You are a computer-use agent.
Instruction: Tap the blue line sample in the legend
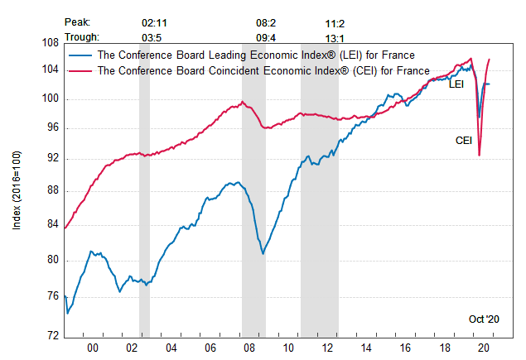[x=80, y=55]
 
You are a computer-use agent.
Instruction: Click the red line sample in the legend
[x=80, y=71]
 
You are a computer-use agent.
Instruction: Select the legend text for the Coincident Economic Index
[x=263, y=71]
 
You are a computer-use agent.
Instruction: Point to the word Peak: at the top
[x=77, y=22]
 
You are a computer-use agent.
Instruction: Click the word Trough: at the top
[x=81, y=36]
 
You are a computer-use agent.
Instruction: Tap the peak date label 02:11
[x=154, y=22]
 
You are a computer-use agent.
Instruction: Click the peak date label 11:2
[x=335, y=22]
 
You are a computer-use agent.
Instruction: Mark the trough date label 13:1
[x=335, y=36]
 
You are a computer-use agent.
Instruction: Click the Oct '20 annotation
[x=485, y=319]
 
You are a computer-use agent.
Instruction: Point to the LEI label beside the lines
[x=456, y=84]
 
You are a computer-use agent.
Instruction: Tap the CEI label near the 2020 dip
[x=464, y=140]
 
